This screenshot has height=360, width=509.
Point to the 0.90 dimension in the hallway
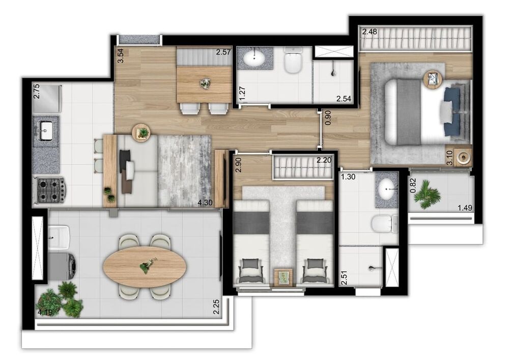[x=328, y=118]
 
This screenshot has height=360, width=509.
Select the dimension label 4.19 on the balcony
[x=45, y=312]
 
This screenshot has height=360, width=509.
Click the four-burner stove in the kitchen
[x=49, y=190]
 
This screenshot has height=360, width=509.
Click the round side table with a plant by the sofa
[x=141, y=132]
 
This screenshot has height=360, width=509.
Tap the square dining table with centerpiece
[x=204, y=84]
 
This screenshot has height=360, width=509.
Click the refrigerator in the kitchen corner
[x=46, y=99]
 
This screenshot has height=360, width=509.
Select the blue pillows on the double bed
[x=451, y=111]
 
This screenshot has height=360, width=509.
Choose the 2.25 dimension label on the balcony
[x=216, y=308]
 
